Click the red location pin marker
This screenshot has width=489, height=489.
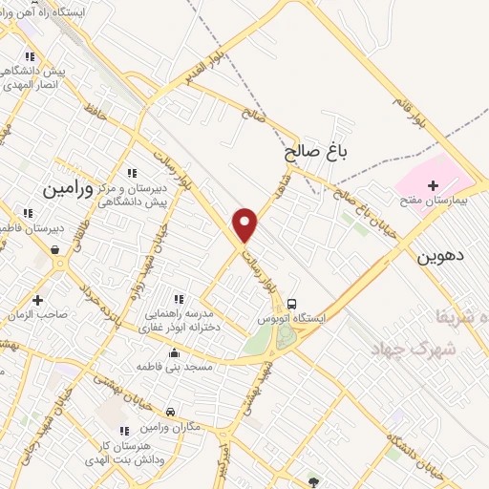pos(245,223)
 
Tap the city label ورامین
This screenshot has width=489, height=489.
pos(68,189)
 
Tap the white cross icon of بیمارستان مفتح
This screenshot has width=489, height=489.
pos(433,184)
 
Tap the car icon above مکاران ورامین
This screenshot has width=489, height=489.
pos(170,412)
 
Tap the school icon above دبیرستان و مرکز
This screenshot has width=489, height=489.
pos(131,172)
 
